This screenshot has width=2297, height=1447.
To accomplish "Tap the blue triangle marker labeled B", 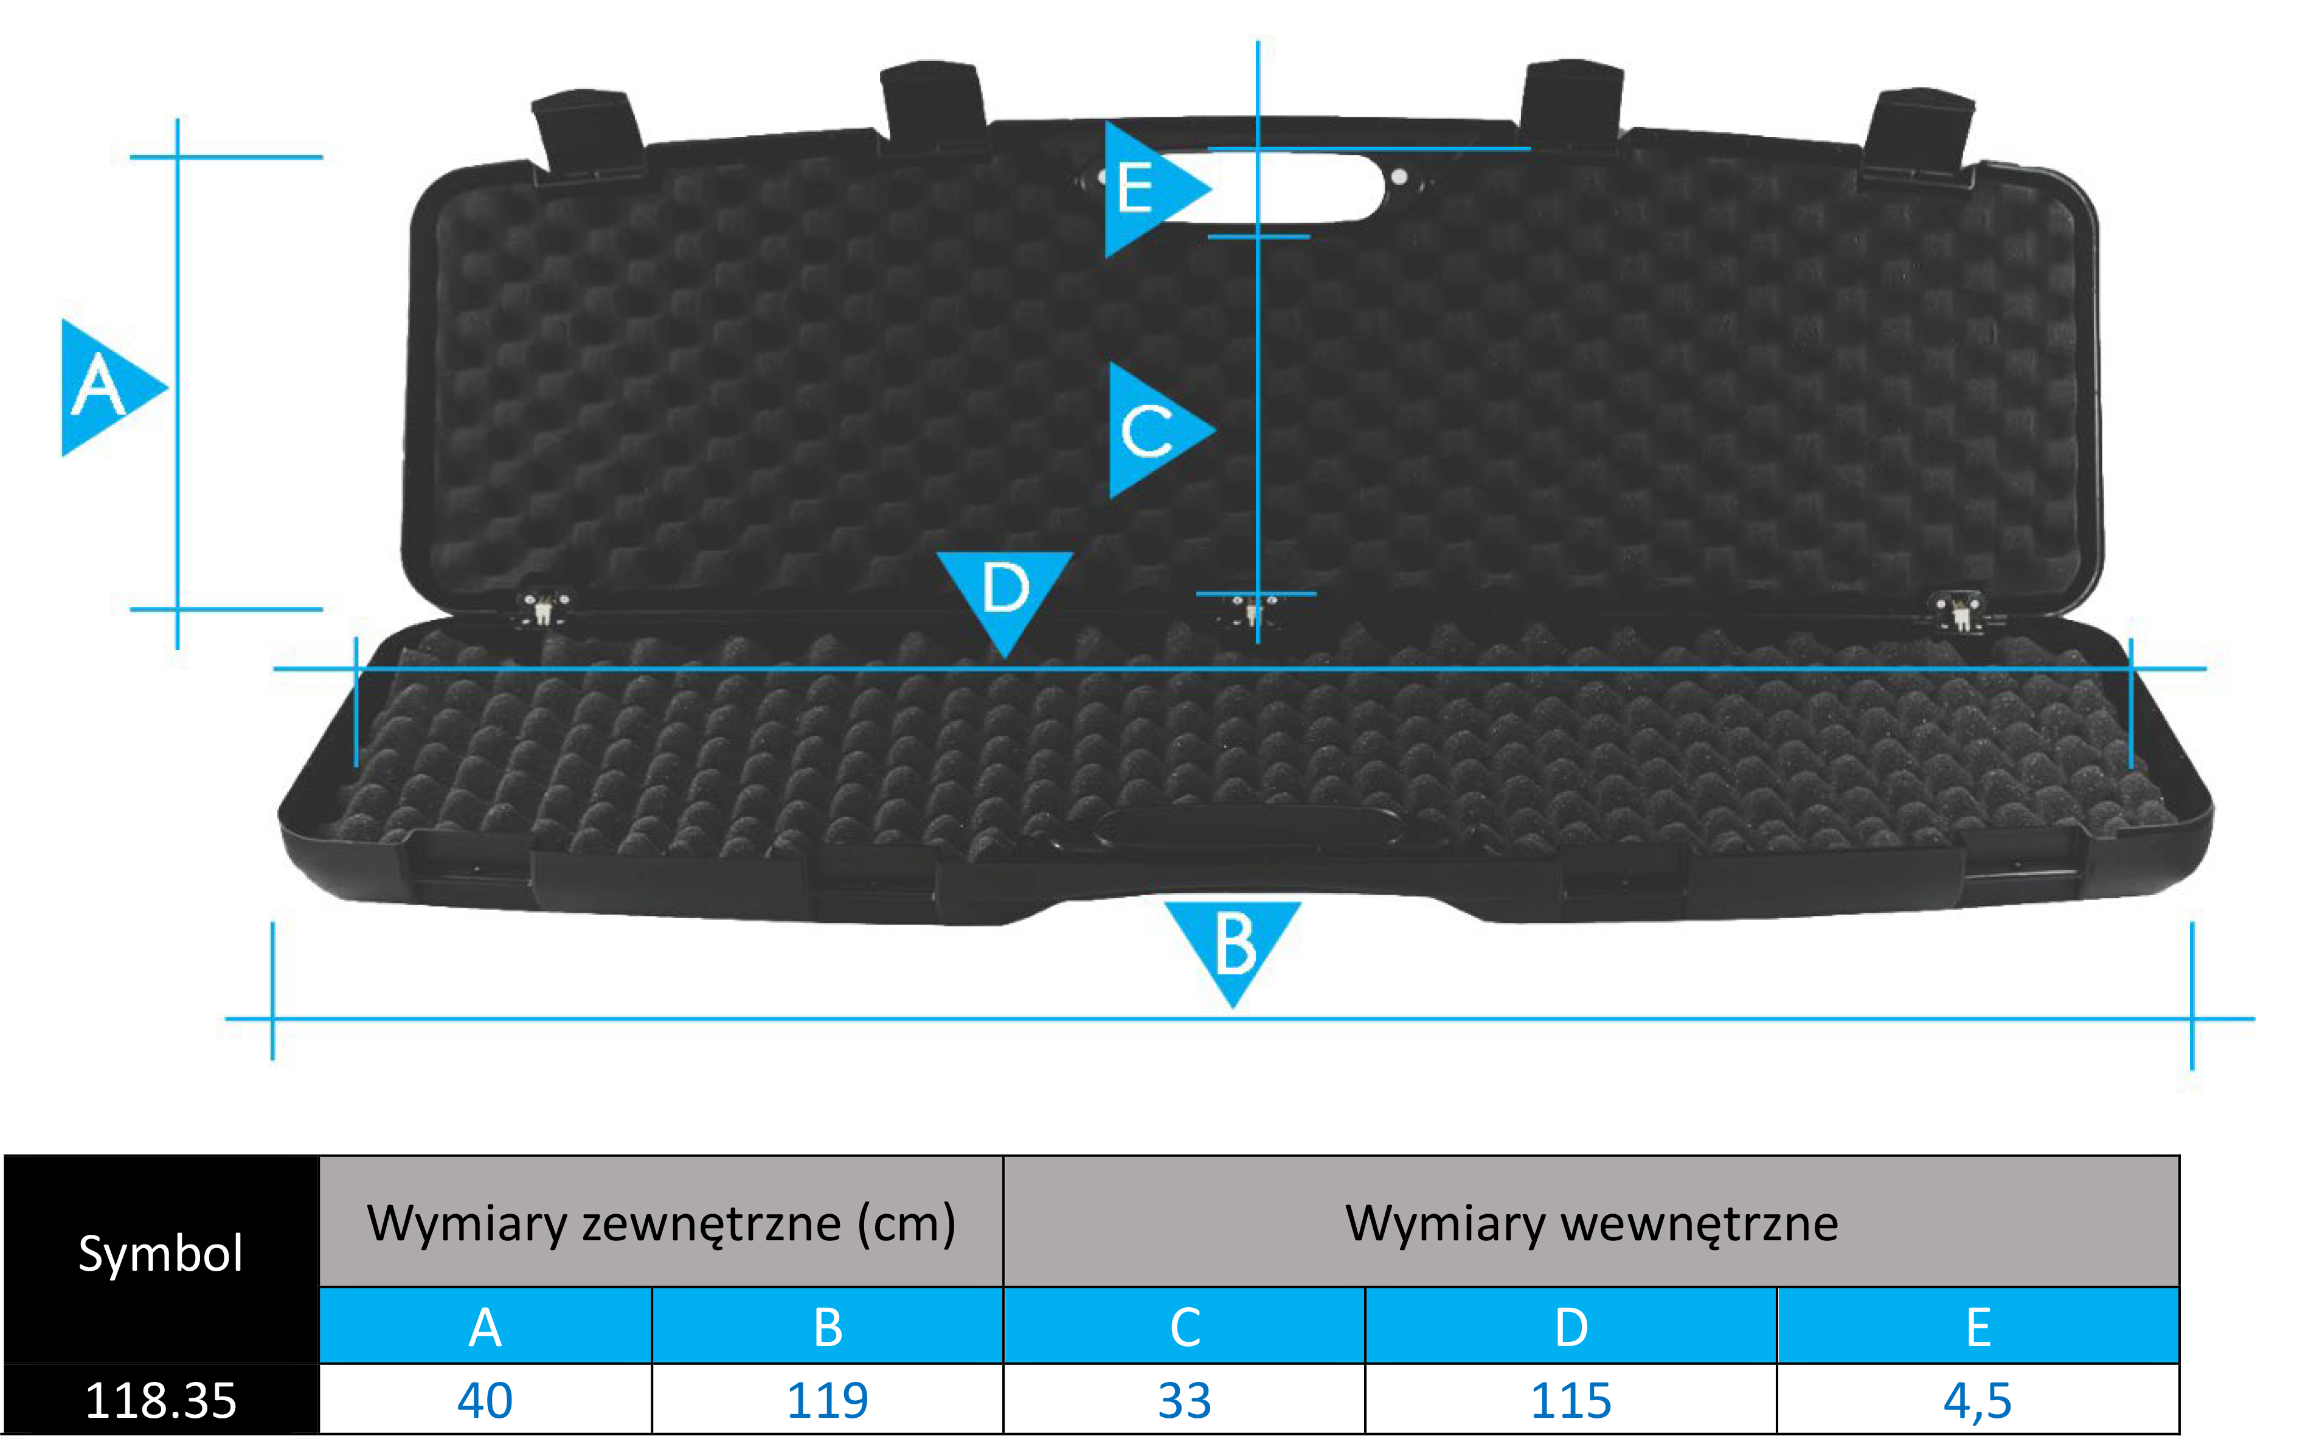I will coord(1233,944).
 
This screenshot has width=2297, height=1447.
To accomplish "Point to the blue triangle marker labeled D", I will coord(1005,592).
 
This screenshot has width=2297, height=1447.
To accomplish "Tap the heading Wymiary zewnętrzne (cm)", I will coord(661,1223).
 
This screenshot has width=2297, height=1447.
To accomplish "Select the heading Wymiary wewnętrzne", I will coord(1591,1223).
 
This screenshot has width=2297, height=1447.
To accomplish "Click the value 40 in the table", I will coord(485,1400).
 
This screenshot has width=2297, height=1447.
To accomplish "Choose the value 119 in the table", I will coord(827,1400).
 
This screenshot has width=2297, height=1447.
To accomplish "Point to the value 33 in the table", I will coord(1184,1400).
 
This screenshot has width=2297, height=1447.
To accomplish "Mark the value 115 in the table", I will coord(1570,1400).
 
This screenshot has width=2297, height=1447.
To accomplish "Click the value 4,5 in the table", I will coord(1978,1400).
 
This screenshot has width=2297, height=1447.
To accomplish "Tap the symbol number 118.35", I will coord(161,1400).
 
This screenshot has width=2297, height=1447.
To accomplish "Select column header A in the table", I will coord(485,1327).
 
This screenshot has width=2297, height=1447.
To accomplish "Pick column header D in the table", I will coord(1570,1327).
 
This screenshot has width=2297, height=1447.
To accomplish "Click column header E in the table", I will coord(1978,1327).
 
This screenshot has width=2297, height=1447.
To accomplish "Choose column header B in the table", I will coord(827,1327).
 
